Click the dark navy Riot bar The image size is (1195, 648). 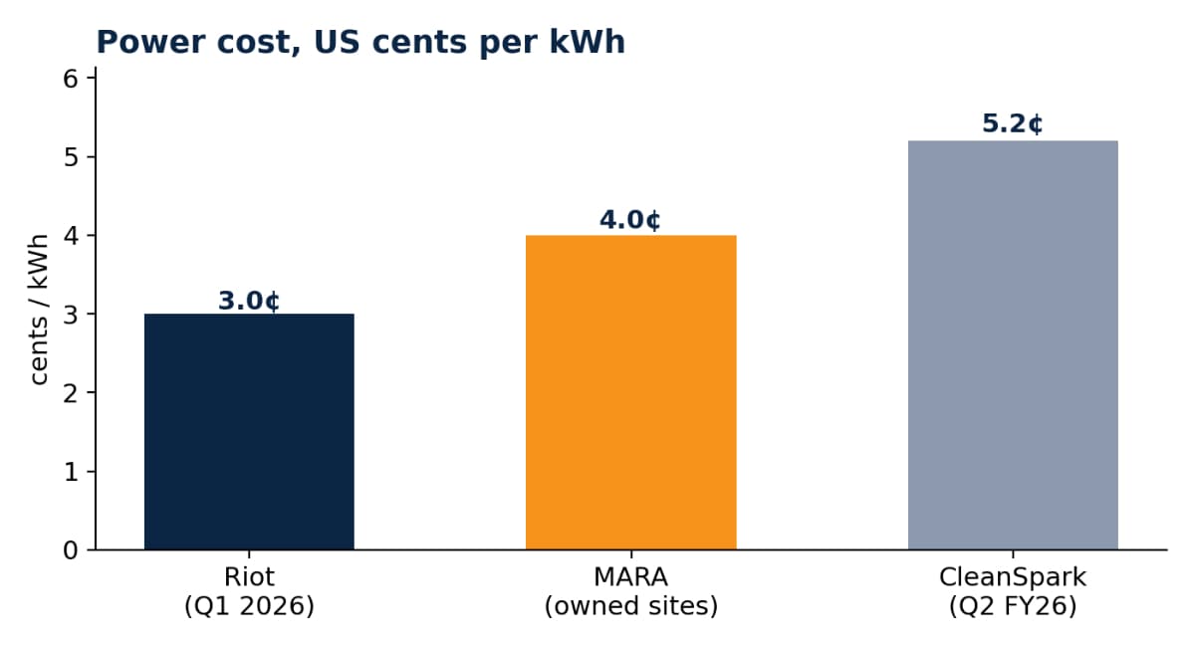[x=249, y=431]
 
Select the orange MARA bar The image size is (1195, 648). [x=631, y=392]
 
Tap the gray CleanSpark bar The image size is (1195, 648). [x=1013, y=345]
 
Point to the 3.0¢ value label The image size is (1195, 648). [x=249, y=301]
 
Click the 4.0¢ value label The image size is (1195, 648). [x=630, y=220]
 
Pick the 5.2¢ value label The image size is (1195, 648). [x=1013, y=123]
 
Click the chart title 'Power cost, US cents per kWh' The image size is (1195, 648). [x=360, y=42]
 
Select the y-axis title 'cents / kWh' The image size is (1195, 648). [x=39, y=310]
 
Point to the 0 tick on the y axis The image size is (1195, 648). [x=71, y=549]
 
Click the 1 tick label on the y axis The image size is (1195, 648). [x=71, y=472]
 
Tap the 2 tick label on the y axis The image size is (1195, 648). [x=71, y=393]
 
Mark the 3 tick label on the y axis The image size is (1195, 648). [x=71, y=315]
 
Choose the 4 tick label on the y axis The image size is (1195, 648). [x=71, y=235]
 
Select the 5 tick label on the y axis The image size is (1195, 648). [x=71, y=157]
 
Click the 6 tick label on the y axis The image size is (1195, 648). [x=71, y=79]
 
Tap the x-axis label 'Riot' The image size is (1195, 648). [x=249, y=577]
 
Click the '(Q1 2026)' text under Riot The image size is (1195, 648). [x=249, y=606]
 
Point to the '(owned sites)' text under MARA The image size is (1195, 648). [x=631, y=606]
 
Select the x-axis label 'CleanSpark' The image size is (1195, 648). [x=1013, y=577]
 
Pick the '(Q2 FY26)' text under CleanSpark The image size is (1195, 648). [x=1013, y=606]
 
